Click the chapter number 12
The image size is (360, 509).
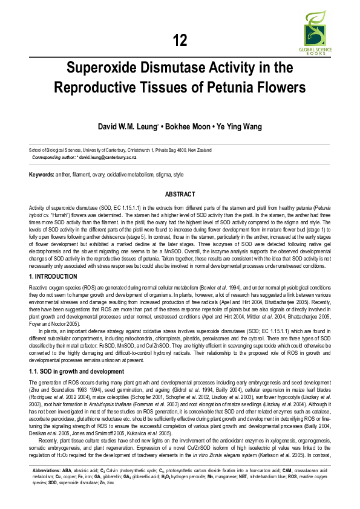[x=180, y=41]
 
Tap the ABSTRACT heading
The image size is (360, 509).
[x=180, y=194]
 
